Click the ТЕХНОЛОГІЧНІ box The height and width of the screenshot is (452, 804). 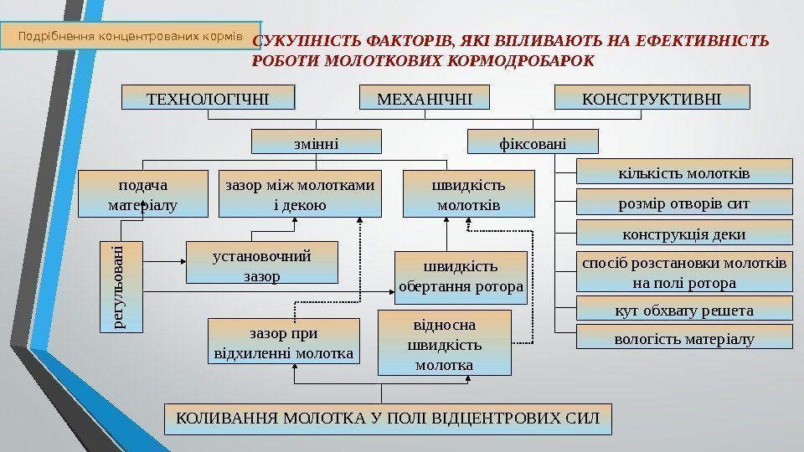pyautogui.click(x=209, y=98)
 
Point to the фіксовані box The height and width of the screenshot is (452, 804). pyautogui.click(x=532, y=142)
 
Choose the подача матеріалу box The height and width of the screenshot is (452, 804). pyautogui.click(x=143, y=193)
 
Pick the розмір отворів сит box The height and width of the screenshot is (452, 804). pyautogui.click(x=684, y=202)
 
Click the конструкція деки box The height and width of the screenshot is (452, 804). pyautogui.click(x=684, y=232)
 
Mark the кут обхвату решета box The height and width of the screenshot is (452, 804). pyautogui.click(x=684, y=310)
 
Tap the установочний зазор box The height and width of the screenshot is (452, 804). pyautogui.click(x=260, y=263)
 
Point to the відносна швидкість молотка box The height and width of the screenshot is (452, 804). pyautogui.click(x=444, y=342)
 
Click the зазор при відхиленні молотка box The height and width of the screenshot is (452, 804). pyautogui.click(x=283, y=342)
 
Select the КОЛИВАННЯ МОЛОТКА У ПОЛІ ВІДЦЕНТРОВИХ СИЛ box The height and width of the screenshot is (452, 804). pyautogui.click(x=388, y=419)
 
